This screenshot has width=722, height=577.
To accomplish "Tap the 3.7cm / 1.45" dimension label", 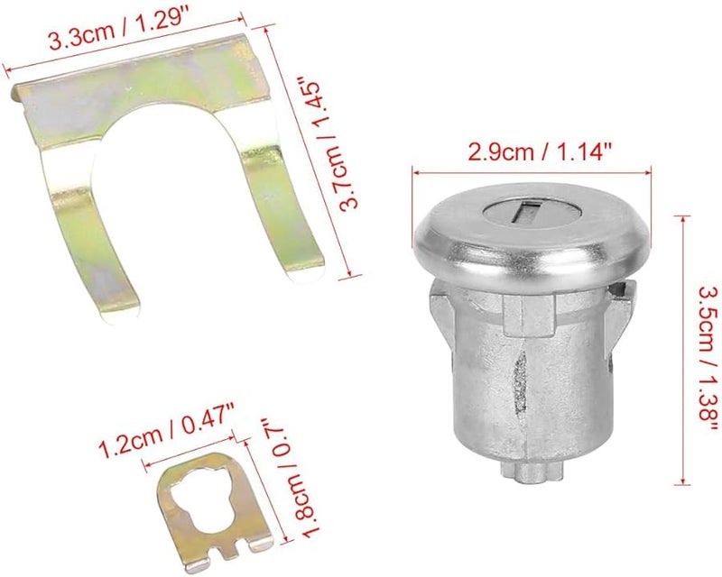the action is [327, 146].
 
